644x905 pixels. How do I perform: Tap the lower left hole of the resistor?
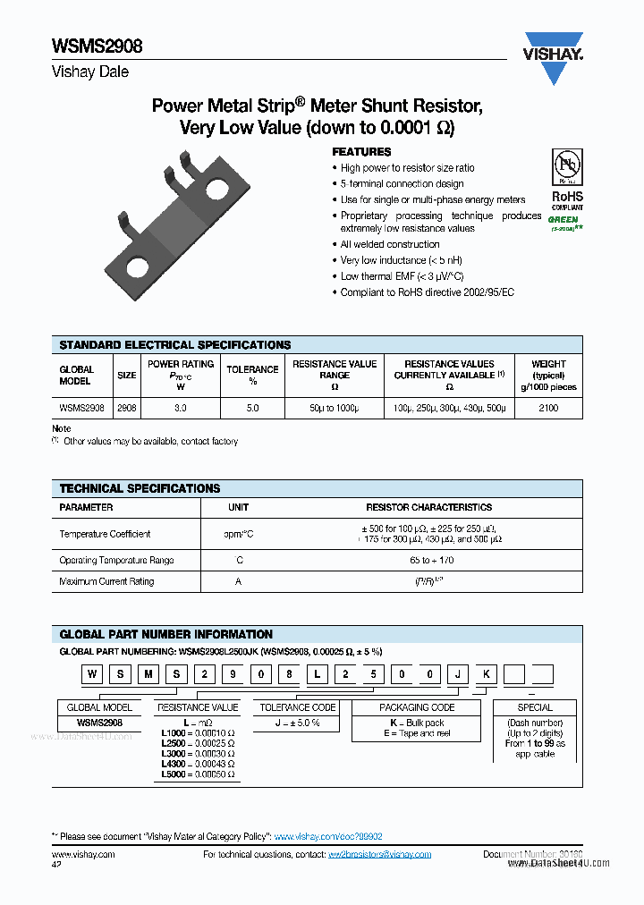point(138,266)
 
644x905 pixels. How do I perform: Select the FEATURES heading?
point(361,152)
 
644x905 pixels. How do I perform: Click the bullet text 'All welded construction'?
point(390,244)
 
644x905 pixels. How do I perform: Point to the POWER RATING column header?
point(181,364)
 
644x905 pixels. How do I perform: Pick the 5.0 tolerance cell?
point(252,408)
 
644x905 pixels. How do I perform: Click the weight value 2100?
point(547,408)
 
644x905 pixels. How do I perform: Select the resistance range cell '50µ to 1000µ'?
point(334,408)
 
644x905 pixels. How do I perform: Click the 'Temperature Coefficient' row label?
point(105,534)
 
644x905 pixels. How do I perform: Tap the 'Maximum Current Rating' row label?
point(106,581)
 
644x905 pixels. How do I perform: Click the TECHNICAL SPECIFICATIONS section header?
point(140,488)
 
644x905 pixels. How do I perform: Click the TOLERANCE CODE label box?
point(298,707)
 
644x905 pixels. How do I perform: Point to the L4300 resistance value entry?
point(198,764)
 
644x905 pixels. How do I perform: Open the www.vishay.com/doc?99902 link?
point(328,836)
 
